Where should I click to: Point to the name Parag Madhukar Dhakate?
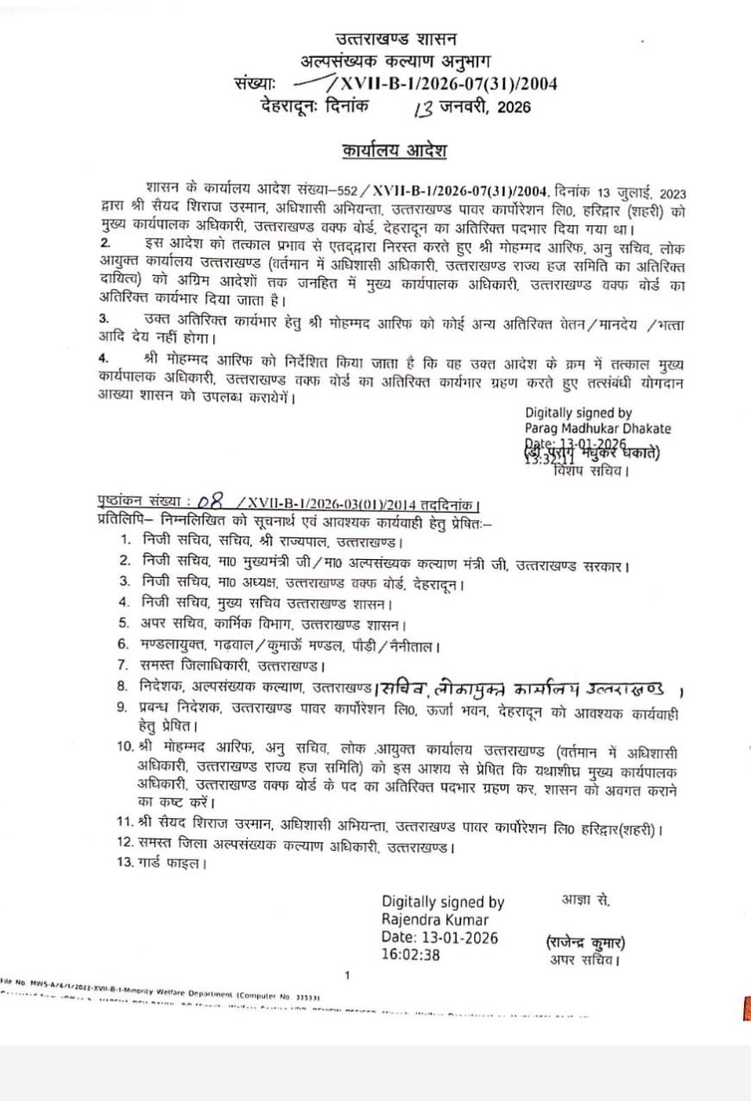(597, 428)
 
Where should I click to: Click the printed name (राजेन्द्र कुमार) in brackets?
(584, 942)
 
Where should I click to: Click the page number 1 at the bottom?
(346, 976)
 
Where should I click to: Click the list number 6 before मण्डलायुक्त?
(124, 645)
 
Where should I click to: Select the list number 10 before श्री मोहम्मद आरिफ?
(124, 745)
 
